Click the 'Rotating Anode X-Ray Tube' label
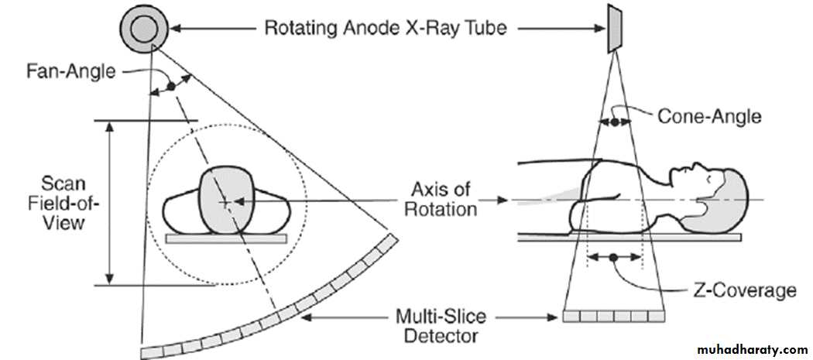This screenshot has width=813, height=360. [386, 29]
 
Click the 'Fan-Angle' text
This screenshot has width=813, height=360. [82, 73]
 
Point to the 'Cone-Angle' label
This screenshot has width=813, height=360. [708, 117]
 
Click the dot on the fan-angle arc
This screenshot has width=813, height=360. [171, 86]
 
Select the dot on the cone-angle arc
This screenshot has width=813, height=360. [614, 122]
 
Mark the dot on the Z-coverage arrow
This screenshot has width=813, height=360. [614, 255]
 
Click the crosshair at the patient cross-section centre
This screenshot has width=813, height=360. [224, 203]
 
